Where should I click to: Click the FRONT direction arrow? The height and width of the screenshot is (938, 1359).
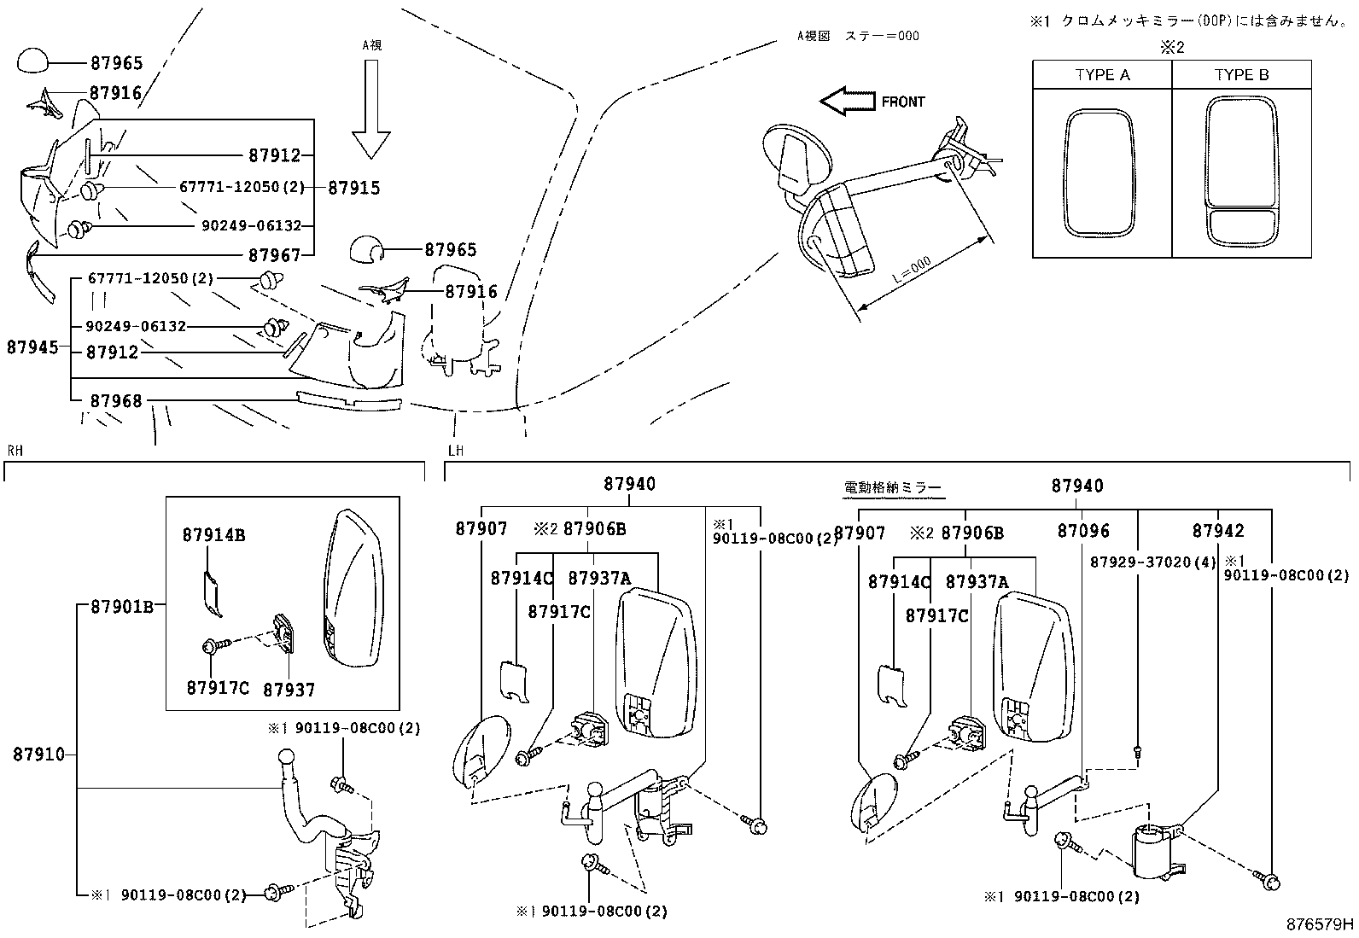click(847, 101)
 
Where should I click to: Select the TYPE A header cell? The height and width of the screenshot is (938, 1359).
click(1102, 75)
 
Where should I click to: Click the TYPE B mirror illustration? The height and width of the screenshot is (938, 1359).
click(1242, 171)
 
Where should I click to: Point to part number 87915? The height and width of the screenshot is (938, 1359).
click(354, 188)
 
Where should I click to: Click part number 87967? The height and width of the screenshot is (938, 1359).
click(275, 254)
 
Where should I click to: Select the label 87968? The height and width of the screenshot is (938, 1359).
click(116, 400)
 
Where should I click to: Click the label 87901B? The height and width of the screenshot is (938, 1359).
click(122, 607)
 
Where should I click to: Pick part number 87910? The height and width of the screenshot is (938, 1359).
click(38, 754)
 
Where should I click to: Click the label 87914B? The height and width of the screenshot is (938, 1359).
click(213, 535)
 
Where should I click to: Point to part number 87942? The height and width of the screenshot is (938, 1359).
click(1218, 531)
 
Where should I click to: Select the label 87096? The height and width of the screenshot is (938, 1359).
click(1083, 531)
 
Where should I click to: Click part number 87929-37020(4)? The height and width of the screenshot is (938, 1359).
click(1152, 562)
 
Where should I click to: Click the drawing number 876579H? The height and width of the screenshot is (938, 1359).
click(1321, 923)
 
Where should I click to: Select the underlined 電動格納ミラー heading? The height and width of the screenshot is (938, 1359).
click(892, 487)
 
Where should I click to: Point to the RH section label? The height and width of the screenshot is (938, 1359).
click(15, 450)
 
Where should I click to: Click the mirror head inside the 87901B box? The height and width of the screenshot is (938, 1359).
click(353, 589)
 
